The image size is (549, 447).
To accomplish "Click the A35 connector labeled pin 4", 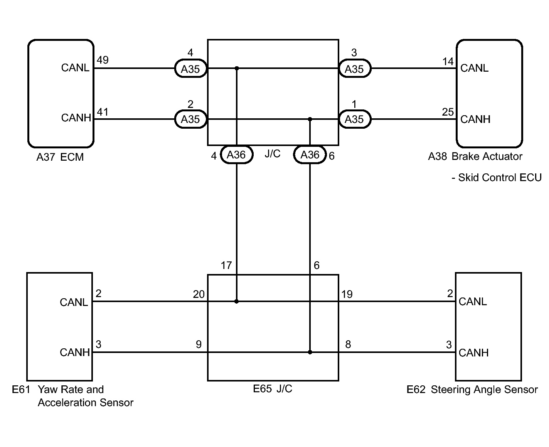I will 190,69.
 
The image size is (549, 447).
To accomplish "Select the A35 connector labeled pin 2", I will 190,119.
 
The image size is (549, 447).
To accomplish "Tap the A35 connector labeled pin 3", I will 354,69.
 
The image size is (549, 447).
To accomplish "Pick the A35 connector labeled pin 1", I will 354,119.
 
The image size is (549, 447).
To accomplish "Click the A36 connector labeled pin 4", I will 236,155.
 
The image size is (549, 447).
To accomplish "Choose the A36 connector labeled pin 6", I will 310,155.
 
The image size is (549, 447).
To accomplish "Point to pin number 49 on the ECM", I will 103,60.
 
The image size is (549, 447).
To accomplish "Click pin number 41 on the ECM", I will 103,112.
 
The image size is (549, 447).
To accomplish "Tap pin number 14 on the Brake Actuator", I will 448,61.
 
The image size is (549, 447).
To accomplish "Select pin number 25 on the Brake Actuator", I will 448,112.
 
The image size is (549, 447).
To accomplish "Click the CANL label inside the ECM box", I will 75,68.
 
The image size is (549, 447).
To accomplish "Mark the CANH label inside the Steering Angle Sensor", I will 473,353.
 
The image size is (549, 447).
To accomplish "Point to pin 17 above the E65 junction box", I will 226,266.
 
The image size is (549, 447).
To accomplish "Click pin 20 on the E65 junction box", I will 199,294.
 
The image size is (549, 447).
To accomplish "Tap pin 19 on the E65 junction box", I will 347,294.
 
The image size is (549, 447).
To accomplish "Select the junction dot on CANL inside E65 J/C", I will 237,301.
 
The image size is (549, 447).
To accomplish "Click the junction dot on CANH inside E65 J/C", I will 310,352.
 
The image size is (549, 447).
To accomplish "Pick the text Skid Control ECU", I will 500,178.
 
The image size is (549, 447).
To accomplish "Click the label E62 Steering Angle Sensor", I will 472,390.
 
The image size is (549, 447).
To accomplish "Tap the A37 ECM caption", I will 60,157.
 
